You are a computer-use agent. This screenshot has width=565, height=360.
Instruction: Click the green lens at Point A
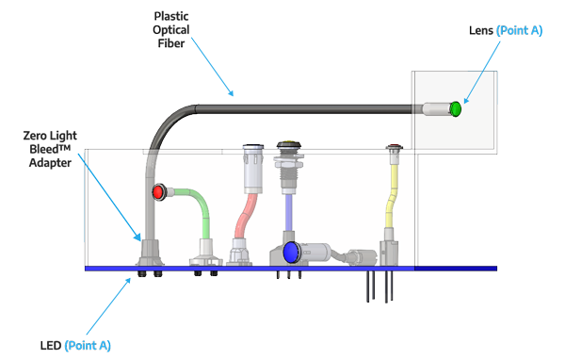(x=456, y=109)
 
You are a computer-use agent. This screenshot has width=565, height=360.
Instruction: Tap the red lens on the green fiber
(x=159, y=193)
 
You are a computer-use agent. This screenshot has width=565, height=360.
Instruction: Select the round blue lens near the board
(x=291, y=252)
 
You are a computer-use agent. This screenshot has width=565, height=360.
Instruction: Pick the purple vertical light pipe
(x=287, y=212)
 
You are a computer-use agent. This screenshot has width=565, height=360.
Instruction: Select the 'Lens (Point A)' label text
(x=506, y=31)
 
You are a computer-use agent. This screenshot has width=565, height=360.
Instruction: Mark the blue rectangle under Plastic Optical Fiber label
(x=215, y=66)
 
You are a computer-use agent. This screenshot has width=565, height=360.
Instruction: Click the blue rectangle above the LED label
(x=106, y=305)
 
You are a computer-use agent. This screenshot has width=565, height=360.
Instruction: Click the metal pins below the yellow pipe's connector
(x=377, y=286)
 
